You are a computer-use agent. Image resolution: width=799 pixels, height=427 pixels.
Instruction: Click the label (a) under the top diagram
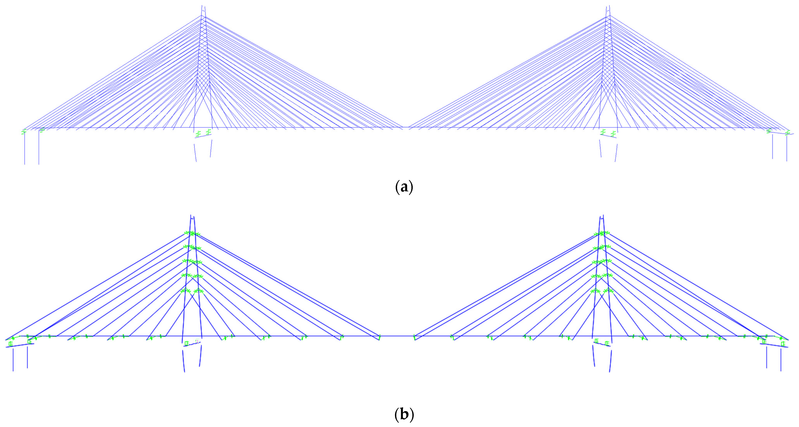[x=404, y=187]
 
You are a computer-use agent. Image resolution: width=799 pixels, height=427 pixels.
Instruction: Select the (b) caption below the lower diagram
[x=404, y=415]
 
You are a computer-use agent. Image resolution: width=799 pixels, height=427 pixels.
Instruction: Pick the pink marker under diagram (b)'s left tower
[x=197, y=341]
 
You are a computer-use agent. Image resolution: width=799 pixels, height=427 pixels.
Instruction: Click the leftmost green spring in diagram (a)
[x=24, y=132]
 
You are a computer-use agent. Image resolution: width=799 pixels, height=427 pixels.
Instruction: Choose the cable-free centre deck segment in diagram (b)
[x=397, y=336]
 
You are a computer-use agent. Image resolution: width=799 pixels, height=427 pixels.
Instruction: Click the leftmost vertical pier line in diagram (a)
[x=25, y=149]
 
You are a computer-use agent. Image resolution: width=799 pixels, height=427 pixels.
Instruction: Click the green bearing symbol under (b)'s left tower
[x=187, y=343]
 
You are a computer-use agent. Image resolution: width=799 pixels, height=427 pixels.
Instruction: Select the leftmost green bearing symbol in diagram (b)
[x=11, y=344]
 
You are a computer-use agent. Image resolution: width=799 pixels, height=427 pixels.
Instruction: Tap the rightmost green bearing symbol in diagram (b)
[x=783, y=344]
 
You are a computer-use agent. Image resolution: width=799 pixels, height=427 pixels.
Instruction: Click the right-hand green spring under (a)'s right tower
[x=613, y=134]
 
